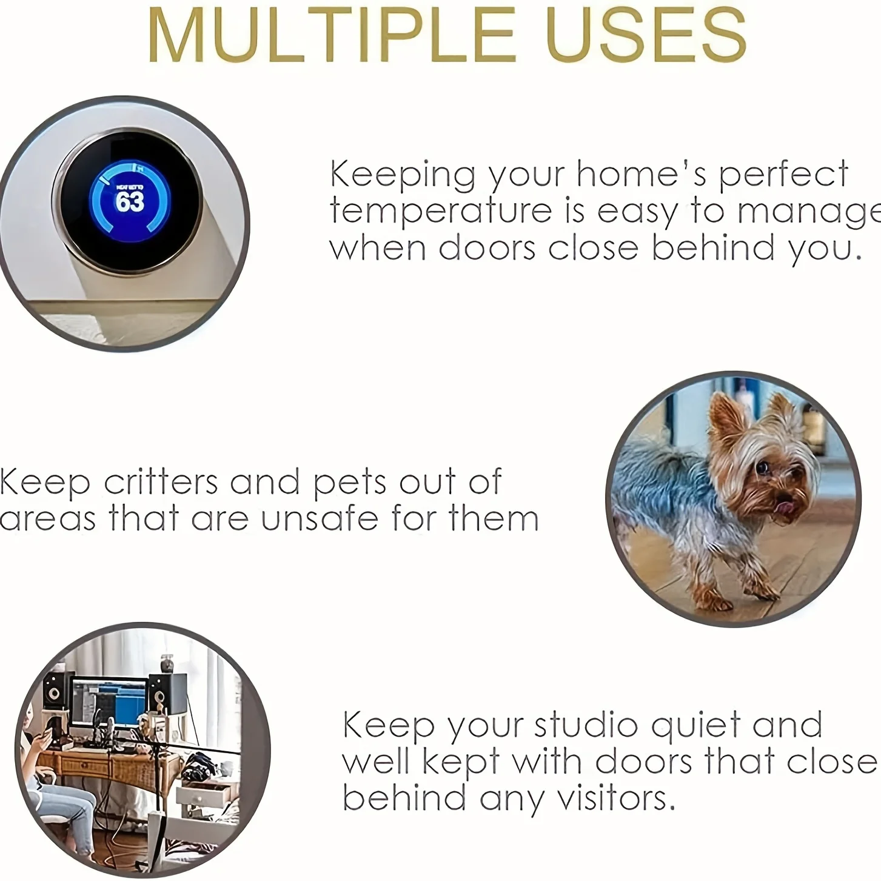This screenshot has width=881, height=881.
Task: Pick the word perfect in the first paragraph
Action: (783, 175)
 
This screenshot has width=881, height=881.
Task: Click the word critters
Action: (161, 482)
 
